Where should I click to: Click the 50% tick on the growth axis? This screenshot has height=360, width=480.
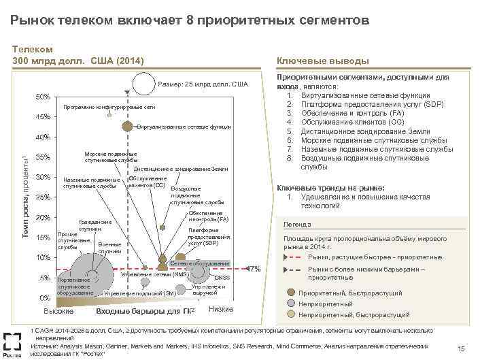[x=42, y=97]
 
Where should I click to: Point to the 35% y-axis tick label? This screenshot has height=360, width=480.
[x=42, y=158]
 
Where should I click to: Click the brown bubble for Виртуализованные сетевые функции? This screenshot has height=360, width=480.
[x=127, y=126]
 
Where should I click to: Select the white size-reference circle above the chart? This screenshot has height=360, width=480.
[x=144, y=83]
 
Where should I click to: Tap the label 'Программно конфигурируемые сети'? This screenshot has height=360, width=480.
[x=109, y=108]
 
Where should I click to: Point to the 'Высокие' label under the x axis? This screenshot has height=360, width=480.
[x=58, y=311]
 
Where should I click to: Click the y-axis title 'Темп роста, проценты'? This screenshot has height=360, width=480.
[x=24, y=186]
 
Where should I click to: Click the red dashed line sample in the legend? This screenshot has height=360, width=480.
[x=292, y=257]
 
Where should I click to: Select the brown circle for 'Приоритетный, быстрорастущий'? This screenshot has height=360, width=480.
[x=292, y=293]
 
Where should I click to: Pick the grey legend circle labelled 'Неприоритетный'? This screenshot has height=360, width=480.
[x=292, y=304]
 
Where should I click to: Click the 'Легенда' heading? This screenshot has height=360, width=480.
[x=297, y=225]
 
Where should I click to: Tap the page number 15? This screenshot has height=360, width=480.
[x=460, y=348]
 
